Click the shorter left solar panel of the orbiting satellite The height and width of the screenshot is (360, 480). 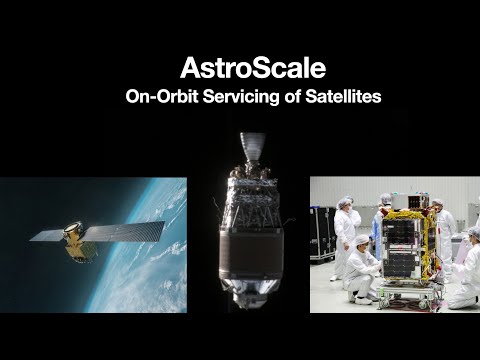(x=48, y=235)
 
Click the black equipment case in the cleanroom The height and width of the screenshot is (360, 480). (x=322, y=233)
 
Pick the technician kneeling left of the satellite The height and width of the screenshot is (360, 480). (x=361, y=270)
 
